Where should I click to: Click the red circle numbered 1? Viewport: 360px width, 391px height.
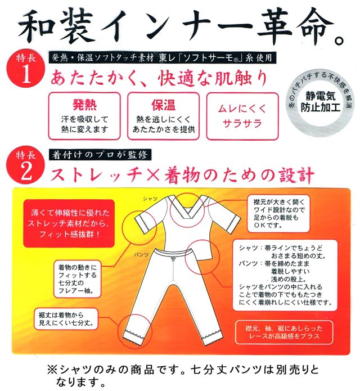(26, 68)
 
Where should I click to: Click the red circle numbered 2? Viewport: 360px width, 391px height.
(26, 165)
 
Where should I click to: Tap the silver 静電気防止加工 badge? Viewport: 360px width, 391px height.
(321, 102)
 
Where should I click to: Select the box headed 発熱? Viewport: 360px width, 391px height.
(84, 116)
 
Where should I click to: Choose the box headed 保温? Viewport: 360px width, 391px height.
(164, 116)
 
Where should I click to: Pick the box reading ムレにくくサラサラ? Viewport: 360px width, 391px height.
(242, 116)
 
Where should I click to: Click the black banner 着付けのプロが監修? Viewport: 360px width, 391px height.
(100, 155)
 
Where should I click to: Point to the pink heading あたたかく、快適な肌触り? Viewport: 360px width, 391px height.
(159, 78)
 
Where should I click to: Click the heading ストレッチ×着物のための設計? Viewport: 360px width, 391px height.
(182, 175)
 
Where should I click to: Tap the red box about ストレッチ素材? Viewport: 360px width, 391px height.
(69, 223)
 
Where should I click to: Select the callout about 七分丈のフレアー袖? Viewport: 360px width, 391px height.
(78, 279)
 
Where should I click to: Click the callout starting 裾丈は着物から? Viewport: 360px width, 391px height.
(66, 319)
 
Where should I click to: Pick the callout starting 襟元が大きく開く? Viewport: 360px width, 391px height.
(278, 213)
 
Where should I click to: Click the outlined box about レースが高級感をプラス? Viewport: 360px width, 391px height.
(284, 332)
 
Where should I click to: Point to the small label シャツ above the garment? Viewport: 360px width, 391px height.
(150, 199)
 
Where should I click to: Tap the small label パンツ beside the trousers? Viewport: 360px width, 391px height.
(141, 255)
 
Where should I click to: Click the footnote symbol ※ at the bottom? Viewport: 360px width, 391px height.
(53, 370)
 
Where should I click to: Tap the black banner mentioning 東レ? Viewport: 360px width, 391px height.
(163, 58)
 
